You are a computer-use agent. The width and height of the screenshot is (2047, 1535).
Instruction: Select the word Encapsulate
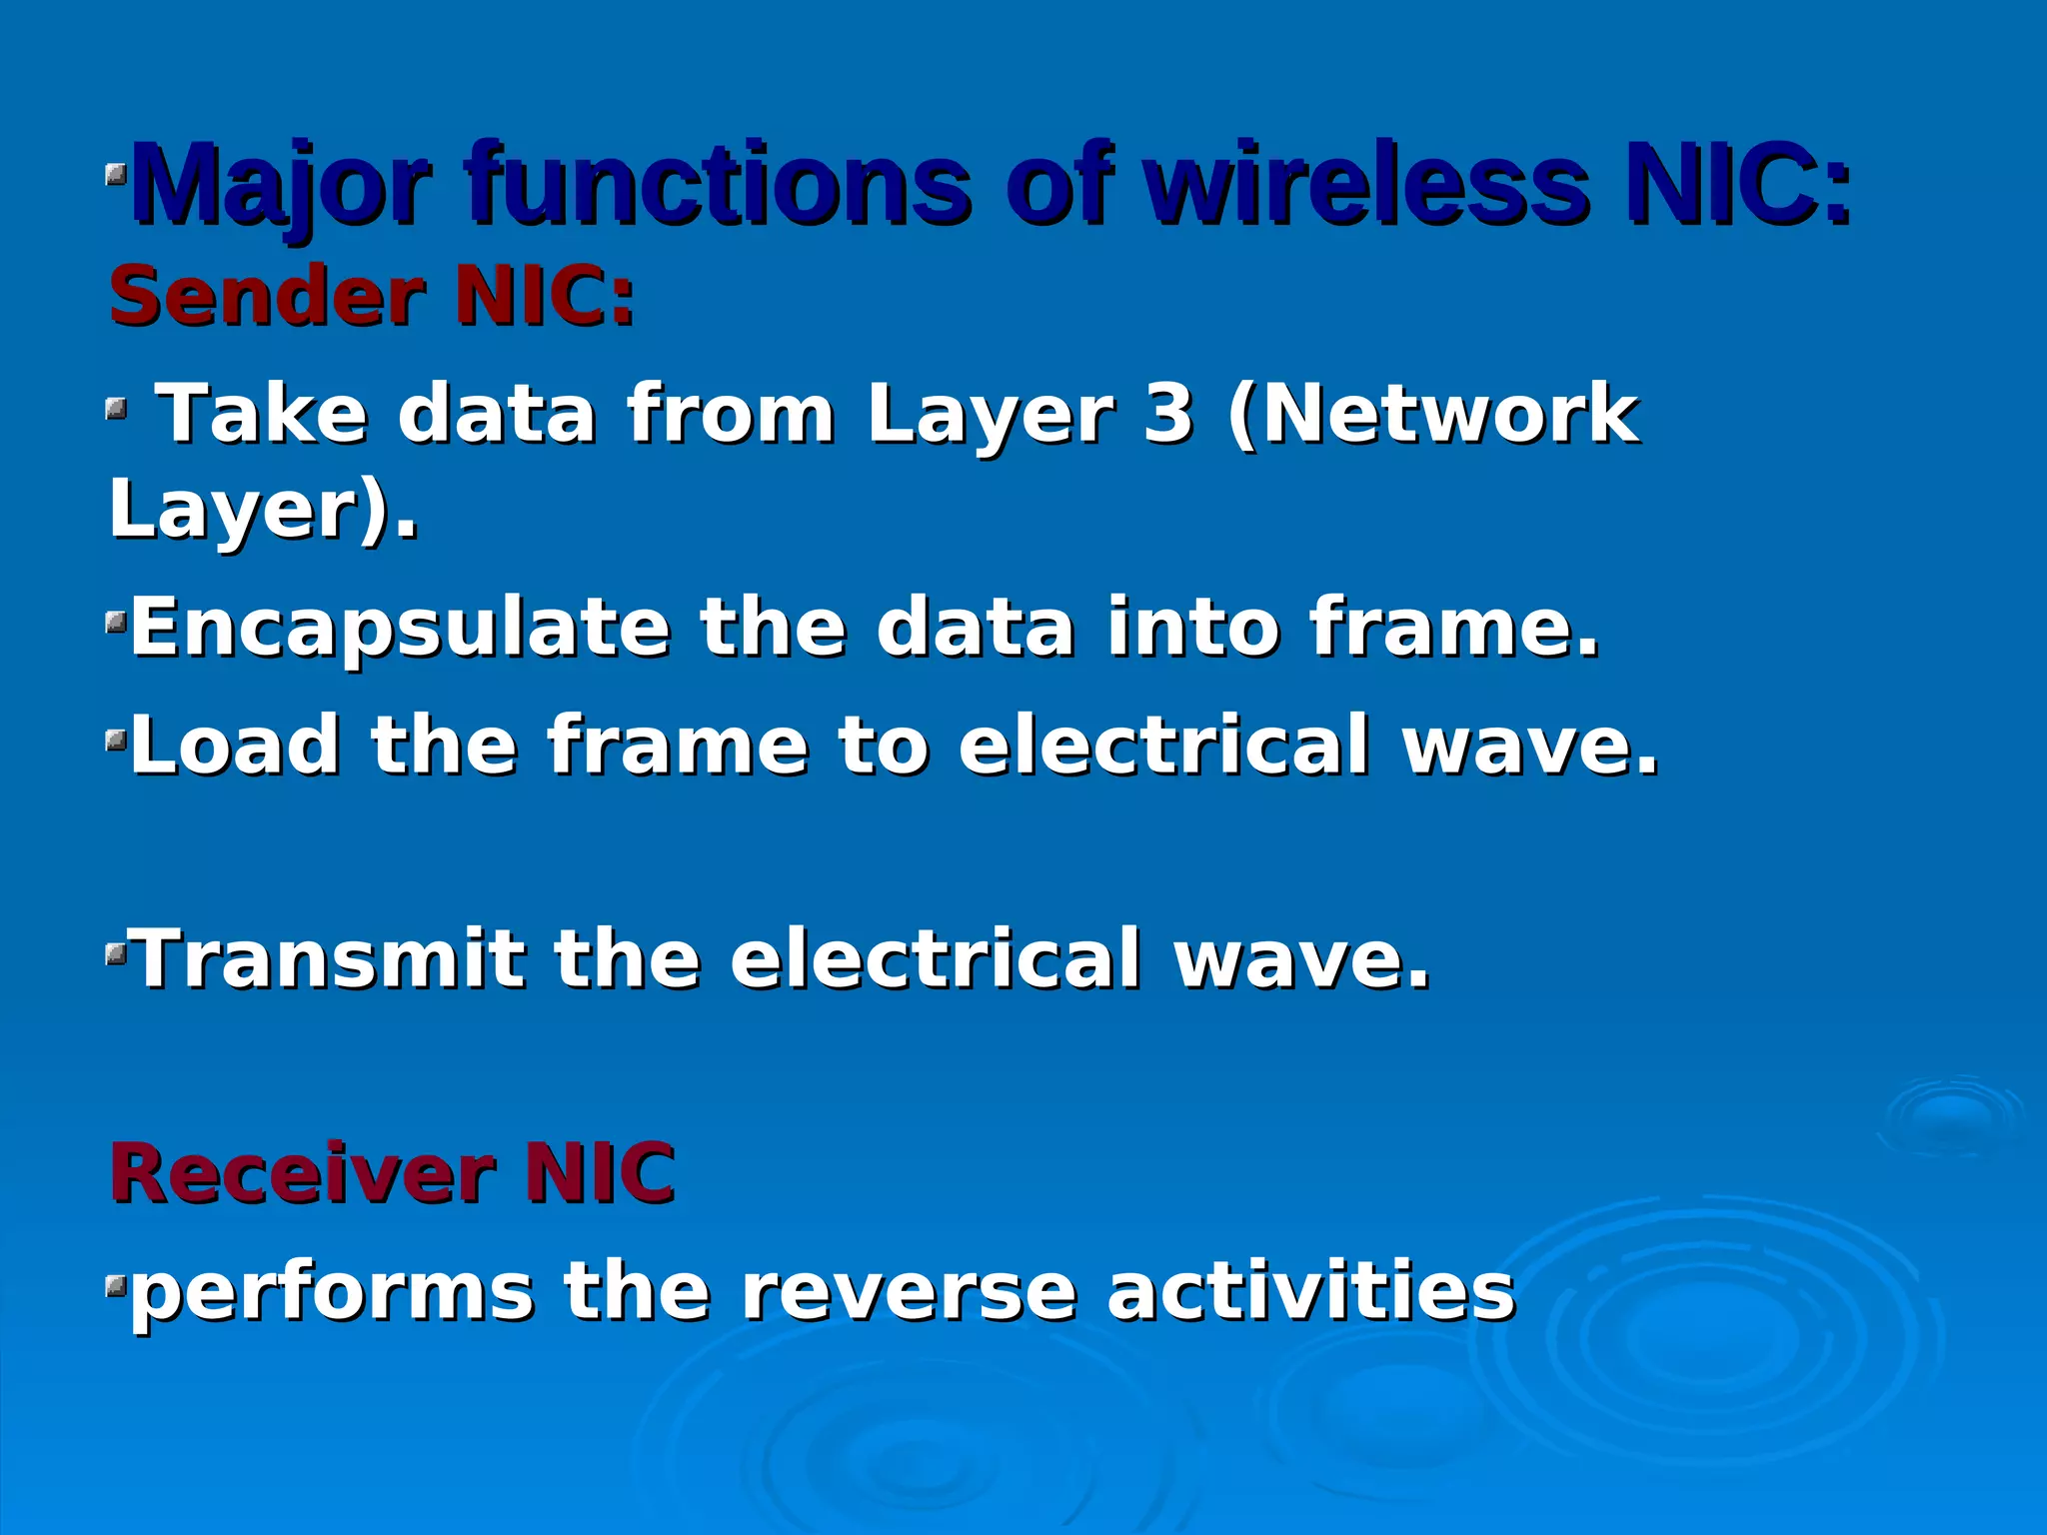pyautogui.click(x=401, y=629)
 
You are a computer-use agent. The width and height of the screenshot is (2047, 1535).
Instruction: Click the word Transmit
pyautogui.click(x=329, y=959)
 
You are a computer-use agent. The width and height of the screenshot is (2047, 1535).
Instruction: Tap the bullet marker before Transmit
pyautogui.click(x=117, y=958)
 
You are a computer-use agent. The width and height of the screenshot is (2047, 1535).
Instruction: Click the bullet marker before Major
pyautogui.click(x=117, y=178)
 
